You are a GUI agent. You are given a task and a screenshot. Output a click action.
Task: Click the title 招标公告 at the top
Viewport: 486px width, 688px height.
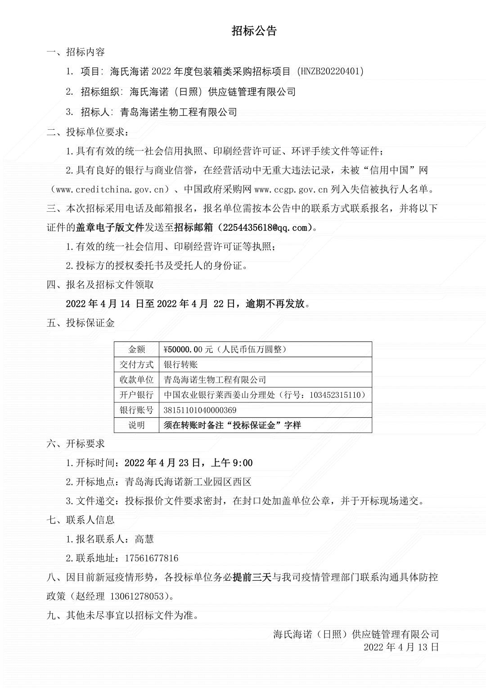tap(254, 31)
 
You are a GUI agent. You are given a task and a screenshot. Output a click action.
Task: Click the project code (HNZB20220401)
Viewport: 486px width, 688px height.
tap(330, 71)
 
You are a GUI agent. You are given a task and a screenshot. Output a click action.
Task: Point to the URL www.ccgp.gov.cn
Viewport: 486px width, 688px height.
tap(291, 189)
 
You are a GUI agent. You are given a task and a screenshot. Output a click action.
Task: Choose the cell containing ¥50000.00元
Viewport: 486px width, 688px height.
tap(225, 349)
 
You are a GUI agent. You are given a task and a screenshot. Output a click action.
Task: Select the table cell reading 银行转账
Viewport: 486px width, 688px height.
tap(181, 365)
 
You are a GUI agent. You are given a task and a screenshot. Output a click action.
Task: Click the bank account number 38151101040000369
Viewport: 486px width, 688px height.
tap(200, 410)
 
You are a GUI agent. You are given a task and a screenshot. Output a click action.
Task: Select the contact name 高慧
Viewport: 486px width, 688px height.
tap(144, 539)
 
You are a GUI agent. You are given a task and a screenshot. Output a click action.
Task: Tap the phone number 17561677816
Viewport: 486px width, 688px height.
tap(151, 558)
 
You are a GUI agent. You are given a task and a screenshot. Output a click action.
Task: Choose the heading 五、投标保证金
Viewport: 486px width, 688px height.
tap(81, 323)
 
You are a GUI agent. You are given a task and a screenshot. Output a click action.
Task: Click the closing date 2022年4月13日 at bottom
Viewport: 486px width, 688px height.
tap(401, 647)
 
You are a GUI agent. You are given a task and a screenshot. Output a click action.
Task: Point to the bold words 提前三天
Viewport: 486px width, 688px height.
tap(252, 577)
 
